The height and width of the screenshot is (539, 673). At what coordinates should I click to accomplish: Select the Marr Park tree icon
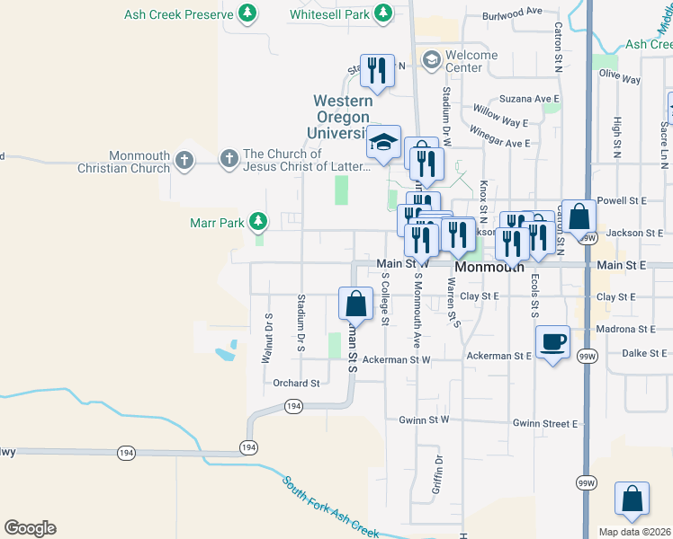pyautogui.click(x=258, y=221)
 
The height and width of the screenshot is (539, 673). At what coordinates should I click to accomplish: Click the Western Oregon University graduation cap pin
pyautogui.click(x=383, y=142)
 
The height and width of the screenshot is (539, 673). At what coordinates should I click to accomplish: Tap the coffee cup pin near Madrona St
pyautogui.click(x=552, y=341)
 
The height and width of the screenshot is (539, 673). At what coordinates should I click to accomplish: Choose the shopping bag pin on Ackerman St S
pyautogui.click(x=355, y=303)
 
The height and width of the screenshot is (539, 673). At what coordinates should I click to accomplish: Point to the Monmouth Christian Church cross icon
pyautogui.click(x=184, y=160)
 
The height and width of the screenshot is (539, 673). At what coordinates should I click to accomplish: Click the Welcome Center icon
pyautogui.click(x=431, y=59)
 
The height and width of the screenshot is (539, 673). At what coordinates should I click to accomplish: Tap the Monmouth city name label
pyautogui.click(x=489, y=268)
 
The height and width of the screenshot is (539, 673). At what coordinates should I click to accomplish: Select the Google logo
pyautogui.click(x=30, y=528)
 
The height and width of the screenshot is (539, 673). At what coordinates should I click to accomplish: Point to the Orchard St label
pyautogui.click(x=296, y=384)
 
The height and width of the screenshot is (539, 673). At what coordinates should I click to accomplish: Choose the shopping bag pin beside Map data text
pyautogui.click(x=632, y=499)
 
